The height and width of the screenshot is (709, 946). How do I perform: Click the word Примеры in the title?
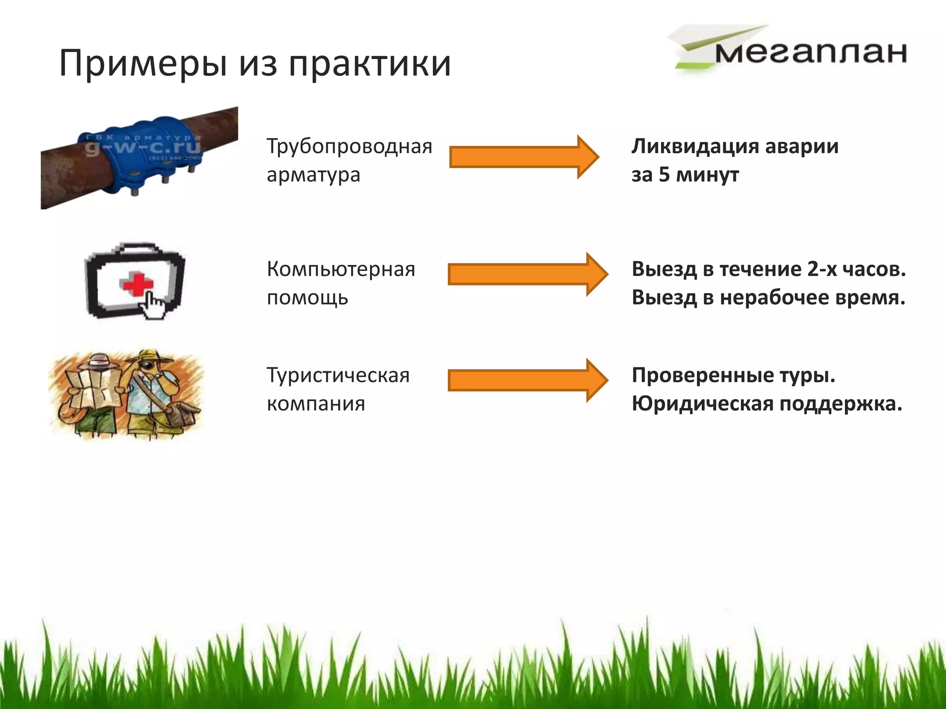tap(143, 64)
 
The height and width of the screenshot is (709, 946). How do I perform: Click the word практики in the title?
tap(370, 64)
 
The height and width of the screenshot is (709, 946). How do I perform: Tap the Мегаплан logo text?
tap(811, 53)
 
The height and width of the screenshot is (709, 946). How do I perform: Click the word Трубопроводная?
tap(349, 147)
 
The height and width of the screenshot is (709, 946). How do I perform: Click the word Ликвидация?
tap(695, 147)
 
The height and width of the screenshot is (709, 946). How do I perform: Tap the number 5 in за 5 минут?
tap(664, 175)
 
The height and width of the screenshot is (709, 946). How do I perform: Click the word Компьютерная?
tap(341, 269)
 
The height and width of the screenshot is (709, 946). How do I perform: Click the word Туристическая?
tap(338, 375)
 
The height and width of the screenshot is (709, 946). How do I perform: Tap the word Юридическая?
tap(702, 404)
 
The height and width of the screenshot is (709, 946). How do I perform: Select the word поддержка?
tap(841, 404)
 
